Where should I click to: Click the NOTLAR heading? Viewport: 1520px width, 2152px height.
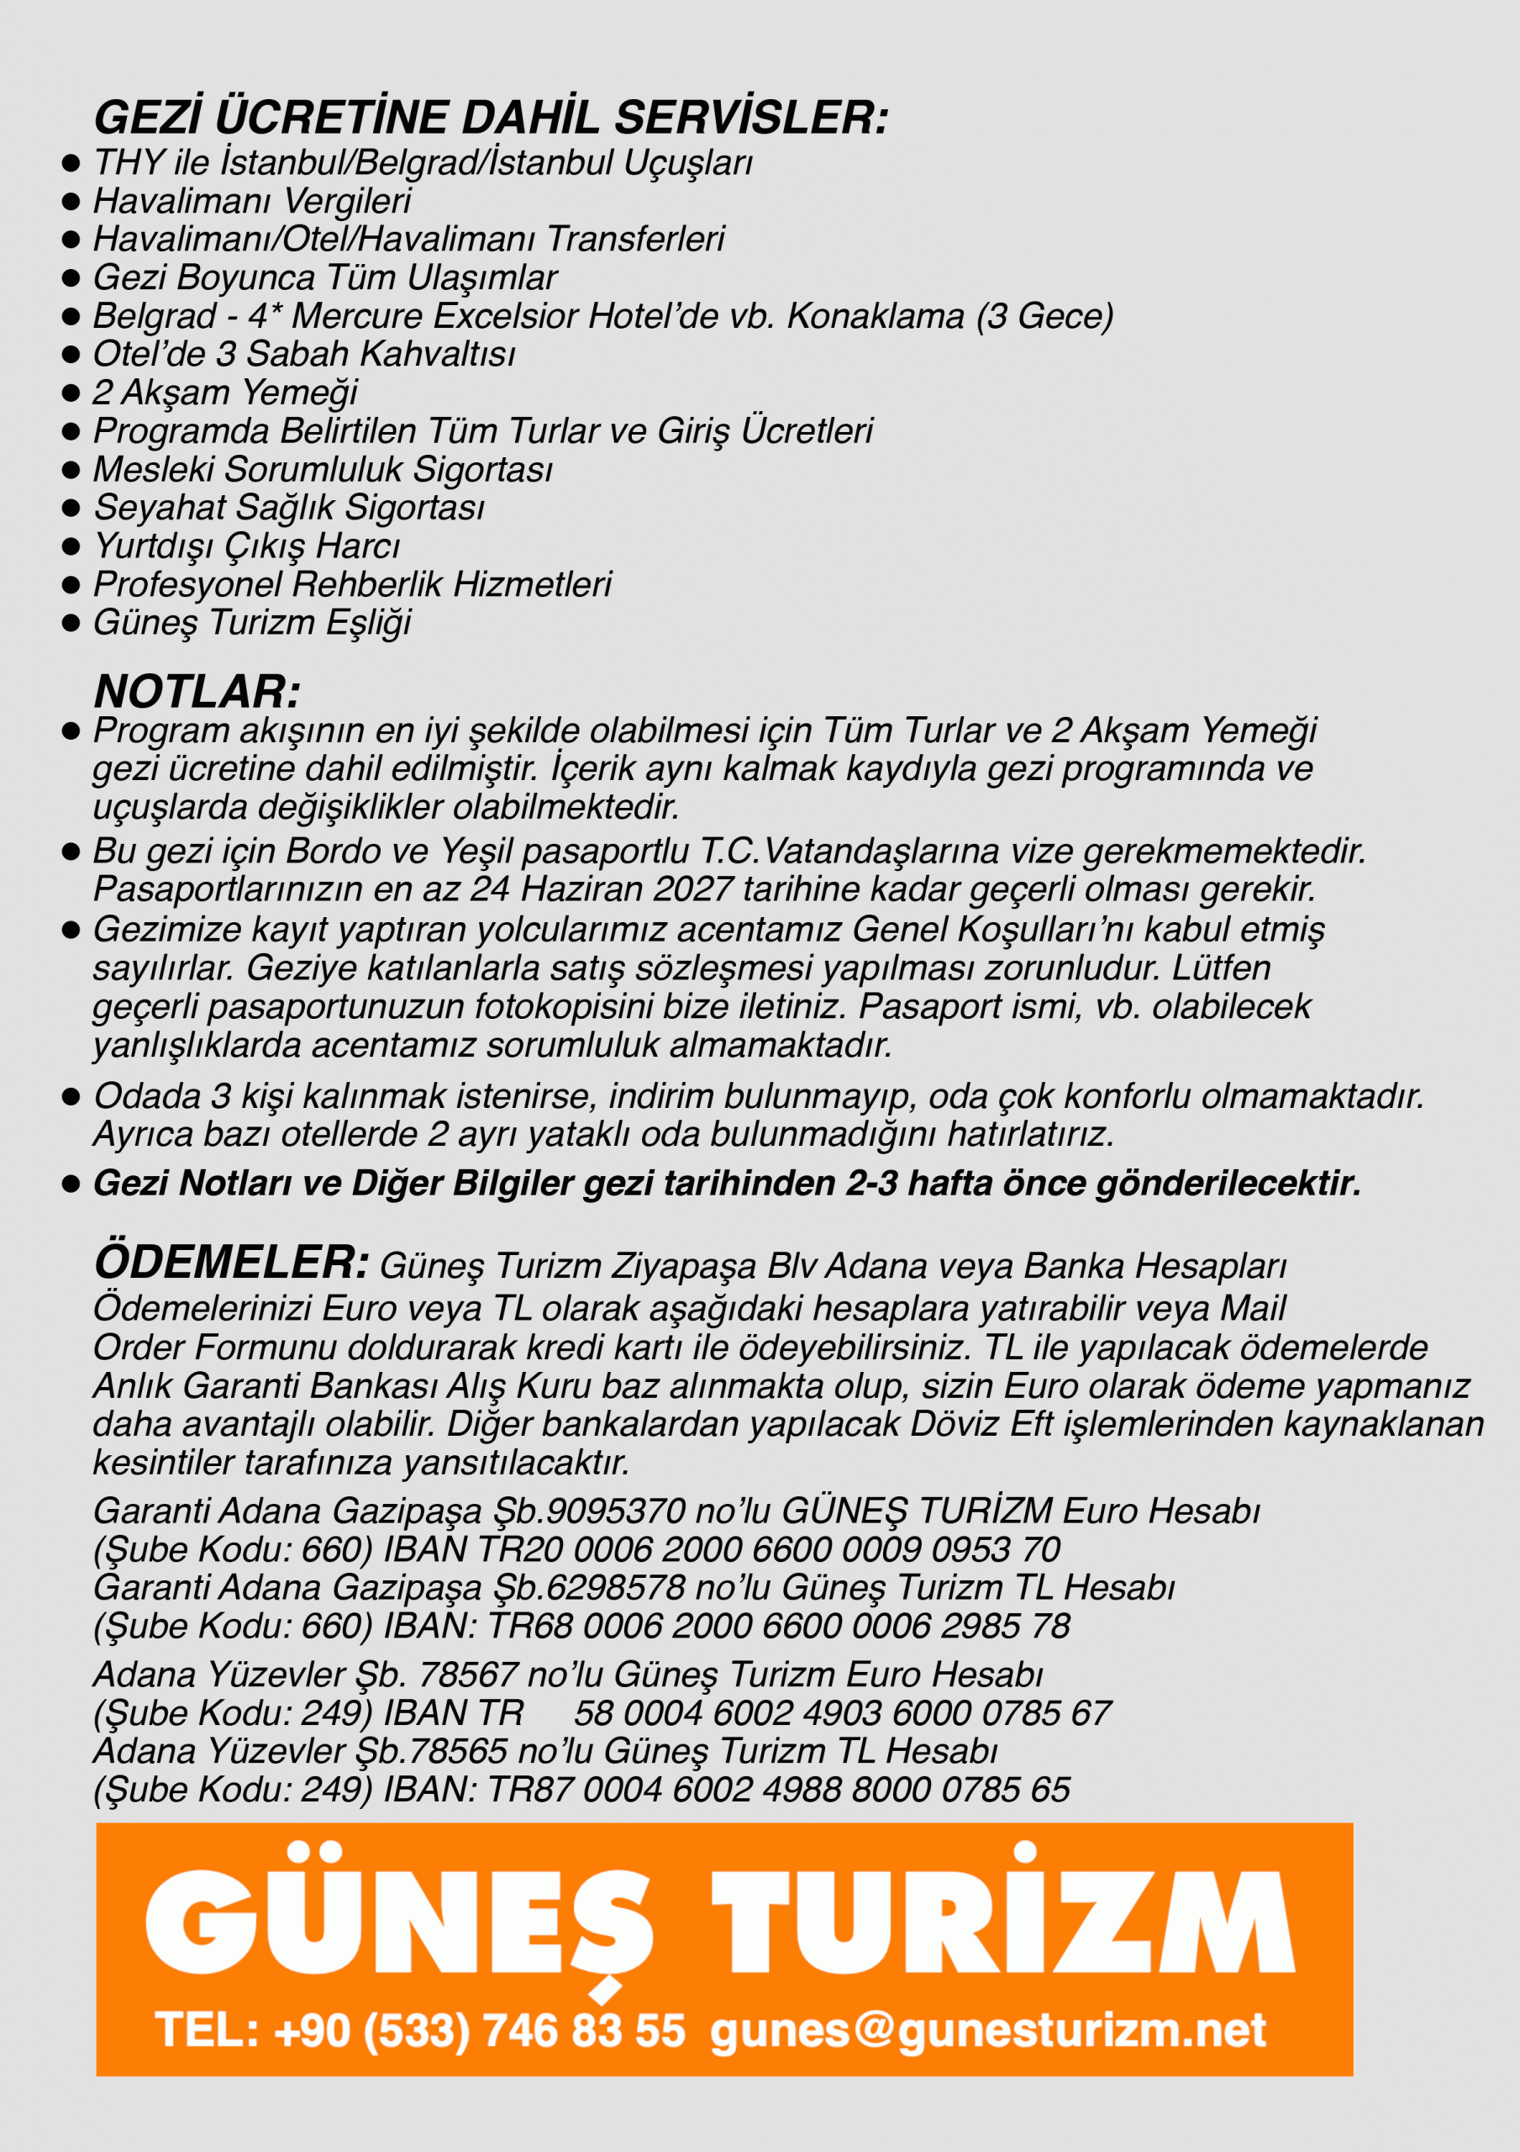[x=197, y=692]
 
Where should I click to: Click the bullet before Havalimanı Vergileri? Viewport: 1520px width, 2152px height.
[x=71, y=202]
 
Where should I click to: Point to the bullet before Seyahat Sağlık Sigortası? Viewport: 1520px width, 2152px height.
[x=71, y=508]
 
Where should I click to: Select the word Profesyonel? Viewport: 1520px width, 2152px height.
[x=187, y=585]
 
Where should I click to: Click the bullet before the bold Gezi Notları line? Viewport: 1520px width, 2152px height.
[x=71, y=1184]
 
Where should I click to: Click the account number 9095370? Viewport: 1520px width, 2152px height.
[x=616, y=1511]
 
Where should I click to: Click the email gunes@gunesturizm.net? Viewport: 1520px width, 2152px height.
[x=988, y=2030]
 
